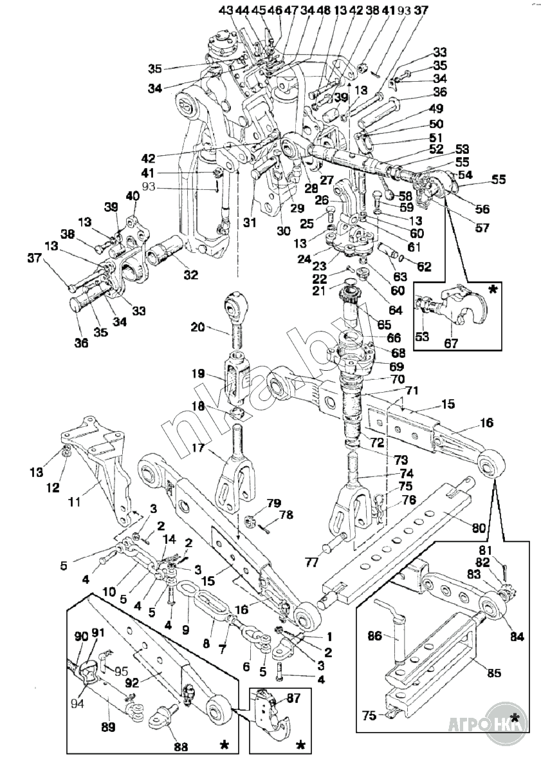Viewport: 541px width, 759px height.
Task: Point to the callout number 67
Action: pos(451,342)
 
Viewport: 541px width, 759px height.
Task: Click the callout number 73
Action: pos(401,460)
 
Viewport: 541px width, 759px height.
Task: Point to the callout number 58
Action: pos(405,194)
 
